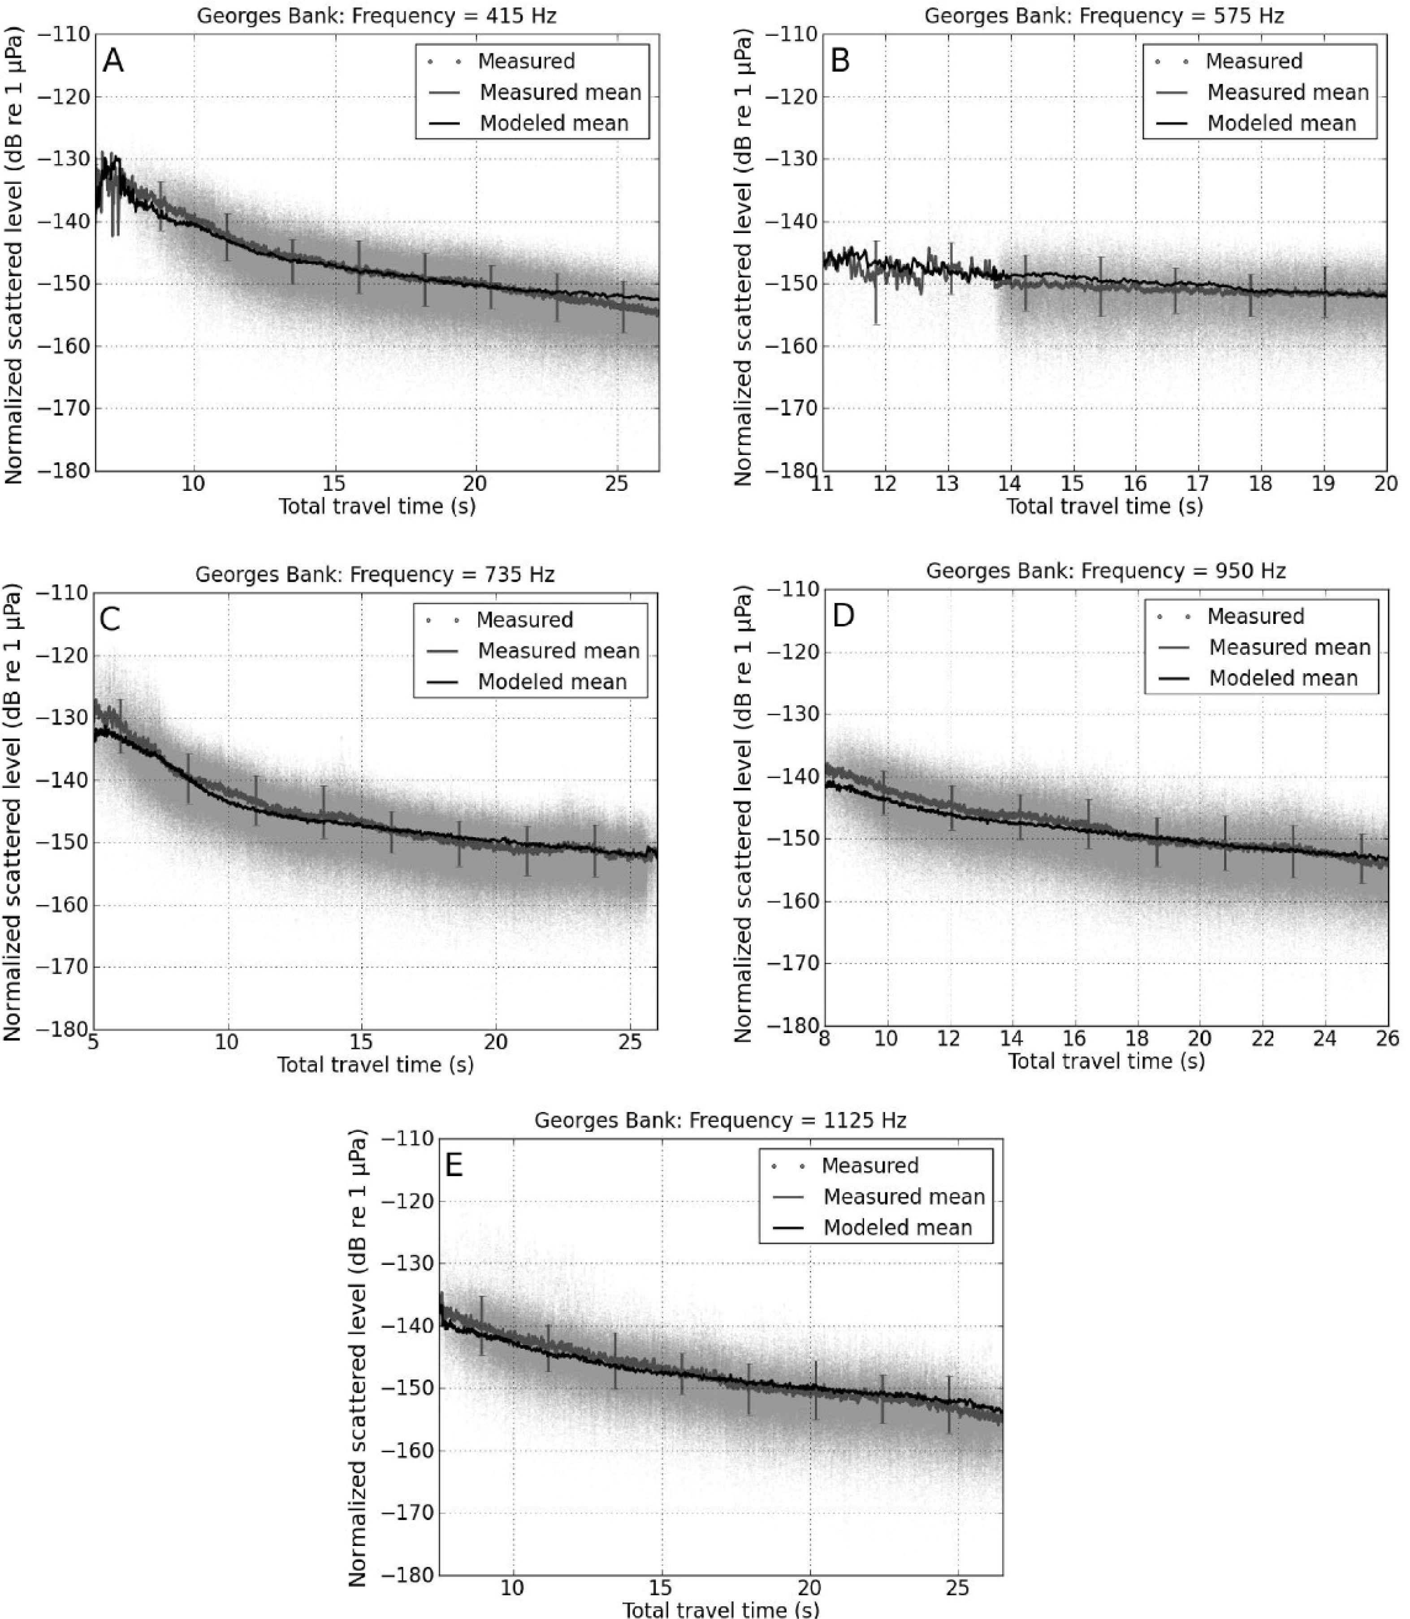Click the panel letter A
113,61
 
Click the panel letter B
840,61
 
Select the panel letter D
843,616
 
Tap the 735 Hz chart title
375,574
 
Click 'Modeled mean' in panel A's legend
554,124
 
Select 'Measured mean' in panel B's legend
1288,93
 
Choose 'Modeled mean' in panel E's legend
898,1227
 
